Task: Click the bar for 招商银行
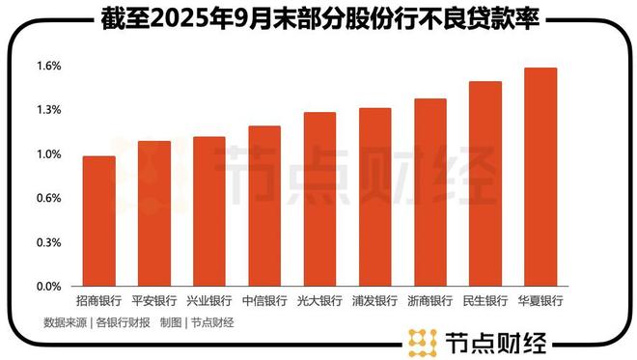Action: point(98,221)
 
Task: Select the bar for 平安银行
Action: point(153,213)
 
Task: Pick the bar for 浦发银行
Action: point(374,197)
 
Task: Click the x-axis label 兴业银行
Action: point(208,301)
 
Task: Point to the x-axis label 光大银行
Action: point(319,301)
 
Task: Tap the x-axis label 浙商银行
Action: point(429,301)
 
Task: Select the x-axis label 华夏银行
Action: point(540,301)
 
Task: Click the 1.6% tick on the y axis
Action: point(49,66)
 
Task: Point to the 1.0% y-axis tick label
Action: point(49,154)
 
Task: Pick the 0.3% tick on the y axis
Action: point(49,242)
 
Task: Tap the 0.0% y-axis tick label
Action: point(49,287)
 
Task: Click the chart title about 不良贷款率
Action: point(319,17)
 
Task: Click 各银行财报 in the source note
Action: point(124,323)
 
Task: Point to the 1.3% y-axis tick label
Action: point(49,110)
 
